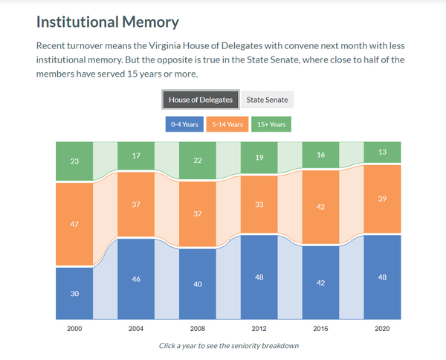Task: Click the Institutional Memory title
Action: [108, 22]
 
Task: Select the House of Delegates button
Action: [201, 100]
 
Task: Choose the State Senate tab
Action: [268, 100]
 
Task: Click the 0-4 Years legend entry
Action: [185, 124]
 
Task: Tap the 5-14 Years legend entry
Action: [228, 124]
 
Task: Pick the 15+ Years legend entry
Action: [271, 124]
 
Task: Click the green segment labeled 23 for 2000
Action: [74, 161]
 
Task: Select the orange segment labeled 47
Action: [74, 223]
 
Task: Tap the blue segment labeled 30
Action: [74, 293]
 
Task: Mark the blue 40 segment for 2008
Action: [198, 283]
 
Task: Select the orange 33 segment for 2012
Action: [259, 204]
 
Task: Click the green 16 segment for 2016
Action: [320, 155]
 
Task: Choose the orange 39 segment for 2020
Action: [382, 199]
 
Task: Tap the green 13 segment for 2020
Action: [382, 152]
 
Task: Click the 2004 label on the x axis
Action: [136, 328]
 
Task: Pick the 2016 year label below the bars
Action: [320, 328]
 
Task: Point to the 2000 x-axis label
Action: [74, 328]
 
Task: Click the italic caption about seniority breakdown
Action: [228, 346]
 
